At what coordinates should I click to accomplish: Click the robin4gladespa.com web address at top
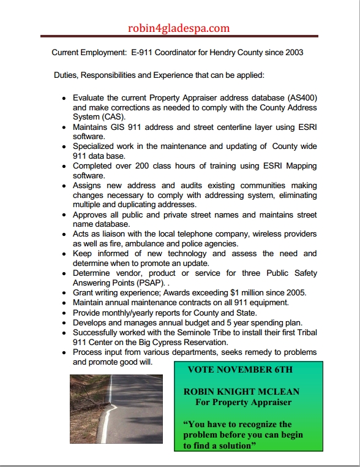tap(179, 28)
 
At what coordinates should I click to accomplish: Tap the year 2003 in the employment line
tap(293, 53)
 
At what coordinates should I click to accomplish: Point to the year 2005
tap(294, 293)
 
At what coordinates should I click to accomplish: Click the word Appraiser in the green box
tap(263, 402)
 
